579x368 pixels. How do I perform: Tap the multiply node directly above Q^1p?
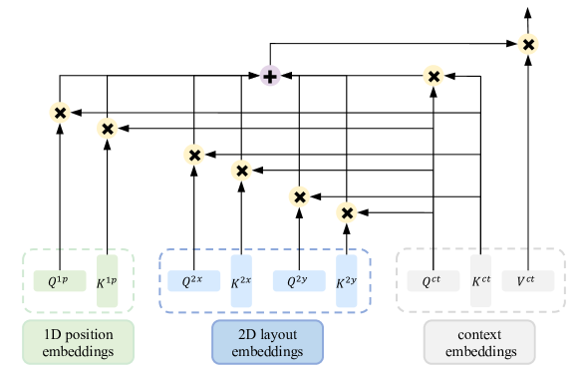point(60,112)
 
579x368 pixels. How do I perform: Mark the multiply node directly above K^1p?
point(108,128)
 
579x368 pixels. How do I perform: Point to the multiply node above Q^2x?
point(194,155)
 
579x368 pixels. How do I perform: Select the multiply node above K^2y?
point(347,211)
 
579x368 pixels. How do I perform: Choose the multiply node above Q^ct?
point(434,76)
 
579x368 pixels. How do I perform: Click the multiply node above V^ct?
point(528,43)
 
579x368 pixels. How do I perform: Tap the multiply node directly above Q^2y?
point(299,196)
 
